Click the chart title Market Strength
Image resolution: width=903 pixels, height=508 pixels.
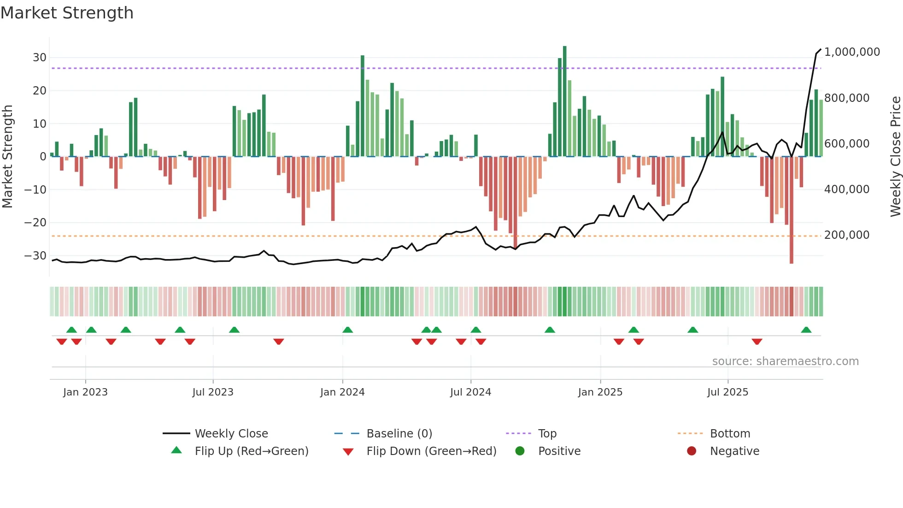pyautogui.click(x=67, y=13)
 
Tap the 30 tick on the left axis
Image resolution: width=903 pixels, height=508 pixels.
pyautogui.click(x=40, y=58)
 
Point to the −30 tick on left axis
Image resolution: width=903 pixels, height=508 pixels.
pyautogui.click(x=35, y=256)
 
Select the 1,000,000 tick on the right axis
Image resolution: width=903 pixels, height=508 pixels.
pyautogui.click(x=852, y=52)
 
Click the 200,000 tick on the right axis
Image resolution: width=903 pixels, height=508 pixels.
pyautogui.click(x=847, y=235)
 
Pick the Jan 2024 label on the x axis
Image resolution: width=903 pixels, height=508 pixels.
pyautogui.click(x=342, y=392)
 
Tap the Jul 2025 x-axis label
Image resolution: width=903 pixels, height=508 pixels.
pyautogui.click(x=727, y=392)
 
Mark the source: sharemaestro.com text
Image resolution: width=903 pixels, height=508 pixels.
pyautogui.click(x=785, y=361)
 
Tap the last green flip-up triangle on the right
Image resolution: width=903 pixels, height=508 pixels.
pyautogui.click(x=806, y=330)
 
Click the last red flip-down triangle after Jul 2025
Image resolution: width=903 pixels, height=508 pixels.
pyautogui.click(x=756, y=342)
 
